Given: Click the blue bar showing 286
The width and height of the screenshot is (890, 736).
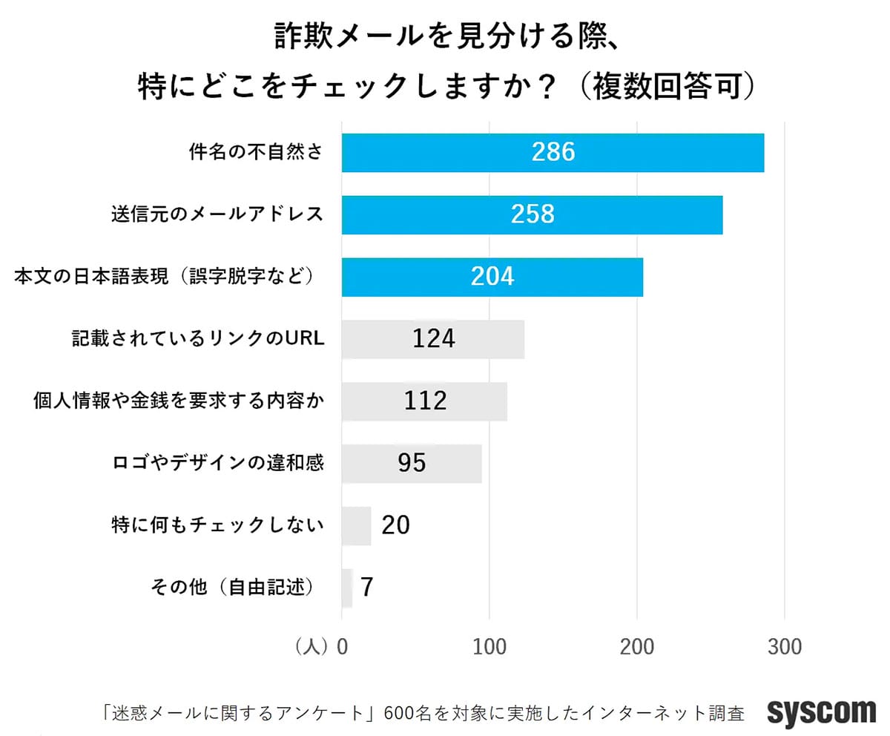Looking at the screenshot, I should tap(553, 153).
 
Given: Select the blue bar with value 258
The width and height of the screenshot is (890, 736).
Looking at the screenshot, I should tap(532, 214).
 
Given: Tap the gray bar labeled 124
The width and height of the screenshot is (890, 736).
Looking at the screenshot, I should tap(432, 339).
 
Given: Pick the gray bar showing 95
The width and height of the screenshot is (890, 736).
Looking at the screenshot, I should tap(412, 464).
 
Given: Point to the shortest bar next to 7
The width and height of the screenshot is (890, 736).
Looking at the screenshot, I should tap(347, 588).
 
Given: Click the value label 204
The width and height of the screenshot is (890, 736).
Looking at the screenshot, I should tap(492, 277).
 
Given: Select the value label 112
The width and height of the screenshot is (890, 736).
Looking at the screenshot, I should tap(426, 401).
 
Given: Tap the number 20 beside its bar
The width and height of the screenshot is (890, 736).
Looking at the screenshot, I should tap(395, 525).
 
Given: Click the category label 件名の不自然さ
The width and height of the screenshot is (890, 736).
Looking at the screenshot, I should tap(255, 153).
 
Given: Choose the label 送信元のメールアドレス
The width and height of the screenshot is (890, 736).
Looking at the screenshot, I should tap(217, 214).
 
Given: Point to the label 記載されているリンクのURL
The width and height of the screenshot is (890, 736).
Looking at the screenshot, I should tap(199, 339).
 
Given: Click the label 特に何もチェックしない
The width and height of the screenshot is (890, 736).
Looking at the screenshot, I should tap(217, 525).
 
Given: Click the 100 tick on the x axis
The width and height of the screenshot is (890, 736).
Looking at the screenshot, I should tap(489, 647).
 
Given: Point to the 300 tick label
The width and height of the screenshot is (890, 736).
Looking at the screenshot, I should tap(785, 647).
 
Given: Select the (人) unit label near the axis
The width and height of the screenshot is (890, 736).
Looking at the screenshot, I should tap(311, 647).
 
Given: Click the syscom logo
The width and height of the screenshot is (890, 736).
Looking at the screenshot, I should tap(821, 712).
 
